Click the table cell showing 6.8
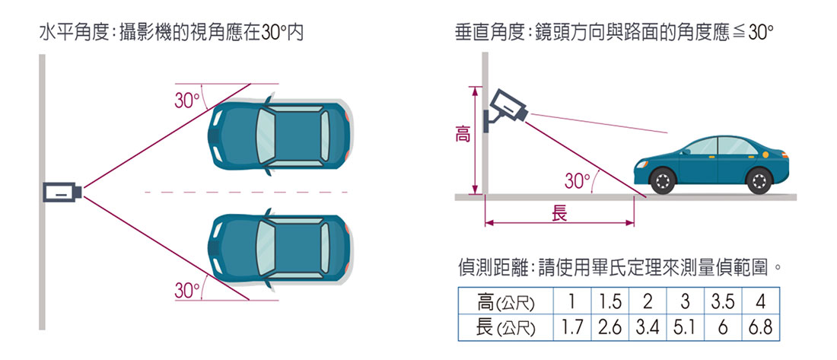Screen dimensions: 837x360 tap(761, 327)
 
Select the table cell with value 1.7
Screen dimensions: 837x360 tap(571, 327)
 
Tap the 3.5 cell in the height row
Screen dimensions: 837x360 tap(724, 302)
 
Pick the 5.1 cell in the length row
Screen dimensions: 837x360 tap(686, 327)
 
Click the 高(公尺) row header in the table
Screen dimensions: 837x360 tap(505, 302)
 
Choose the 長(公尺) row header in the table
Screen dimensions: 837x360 tap(505, 327)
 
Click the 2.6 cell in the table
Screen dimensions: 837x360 tap(609, 327)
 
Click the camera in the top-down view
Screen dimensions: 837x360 tap(62, 193)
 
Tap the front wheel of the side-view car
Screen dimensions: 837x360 tap(664, 181)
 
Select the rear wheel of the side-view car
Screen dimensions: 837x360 tap(759, 181)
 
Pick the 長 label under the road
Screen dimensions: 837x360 tap(559, 214)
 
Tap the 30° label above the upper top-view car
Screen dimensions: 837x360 tap(187, 100)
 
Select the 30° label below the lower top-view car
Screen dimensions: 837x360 tap(187, 290)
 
